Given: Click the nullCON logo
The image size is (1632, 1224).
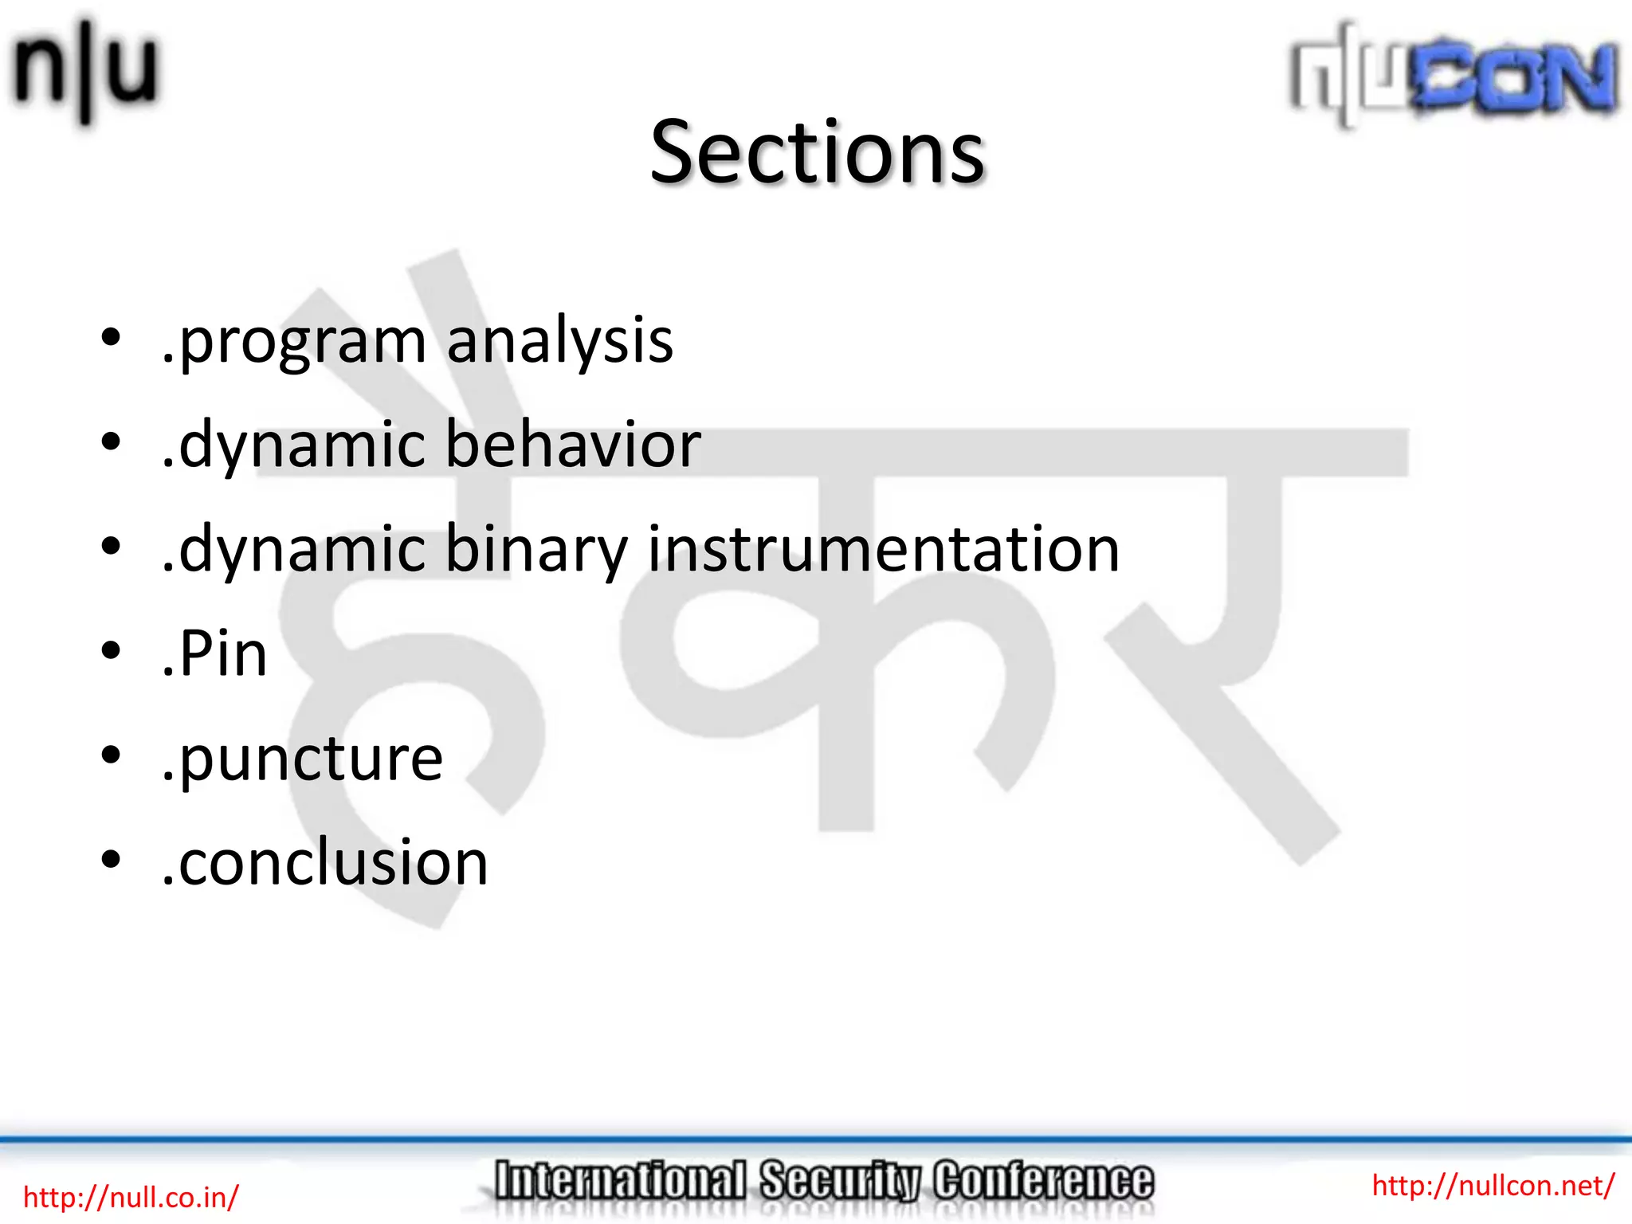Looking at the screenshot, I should click(x=1453, y=76).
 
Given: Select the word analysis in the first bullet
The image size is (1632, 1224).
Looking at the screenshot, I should click(x=559, y=340).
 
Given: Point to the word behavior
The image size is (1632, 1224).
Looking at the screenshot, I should click(x=572, y=444).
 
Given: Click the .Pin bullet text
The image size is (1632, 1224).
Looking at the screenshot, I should click(x=214, y=653).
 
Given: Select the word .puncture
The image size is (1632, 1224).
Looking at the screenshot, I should click(x=301, y=759).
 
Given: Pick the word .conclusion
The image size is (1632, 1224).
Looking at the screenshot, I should click(x=324, y=862).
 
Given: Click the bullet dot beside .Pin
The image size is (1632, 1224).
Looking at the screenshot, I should click(x=111, y=650).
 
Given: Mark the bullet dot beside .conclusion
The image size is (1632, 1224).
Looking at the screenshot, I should click(x=111, y=859).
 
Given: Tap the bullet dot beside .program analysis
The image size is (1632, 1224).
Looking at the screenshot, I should click(x=111, y=337).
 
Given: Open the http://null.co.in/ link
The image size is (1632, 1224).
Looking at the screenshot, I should click(x=131, y=1197).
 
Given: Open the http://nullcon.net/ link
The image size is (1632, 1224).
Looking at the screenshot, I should click(x=1493, y=1185).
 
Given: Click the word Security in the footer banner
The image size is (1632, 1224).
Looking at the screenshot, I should click(x=839, y=1181).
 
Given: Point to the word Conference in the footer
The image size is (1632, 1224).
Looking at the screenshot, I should click(x=1043, y=1181).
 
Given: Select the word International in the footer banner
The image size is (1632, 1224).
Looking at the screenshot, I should click(x=620, y=1181).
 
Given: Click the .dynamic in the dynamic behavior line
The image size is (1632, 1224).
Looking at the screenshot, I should click(x=294, y=445).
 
